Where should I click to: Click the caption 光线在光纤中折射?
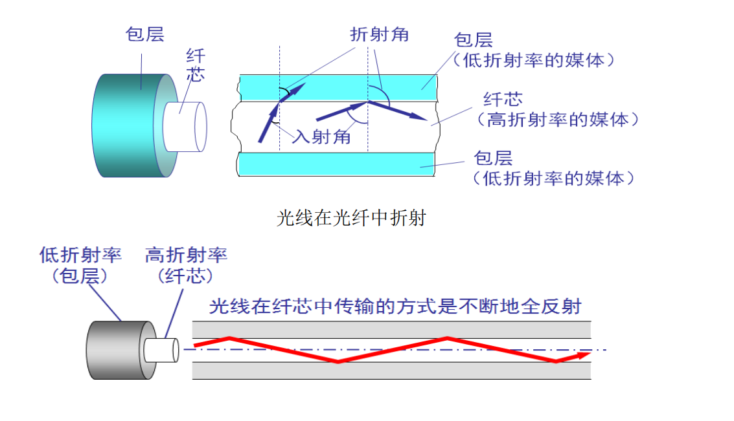pos(351,219)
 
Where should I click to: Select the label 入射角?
pos(321,137)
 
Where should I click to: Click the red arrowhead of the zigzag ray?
pos(583,354)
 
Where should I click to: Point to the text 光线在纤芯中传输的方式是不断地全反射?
pos(395,307)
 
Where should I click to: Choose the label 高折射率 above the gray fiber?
pos(186,255)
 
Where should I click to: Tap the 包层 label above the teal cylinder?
pos(145,34)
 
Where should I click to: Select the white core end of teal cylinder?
pos(186,125)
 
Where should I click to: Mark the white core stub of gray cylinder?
pos(161,350)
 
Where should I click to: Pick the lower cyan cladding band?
pos(337,164)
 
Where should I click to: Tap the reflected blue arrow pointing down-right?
pos(398,111)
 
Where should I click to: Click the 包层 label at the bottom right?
pos(493,158)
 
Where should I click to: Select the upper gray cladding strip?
pos(391,329)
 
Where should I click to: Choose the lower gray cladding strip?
pos(391,371)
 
